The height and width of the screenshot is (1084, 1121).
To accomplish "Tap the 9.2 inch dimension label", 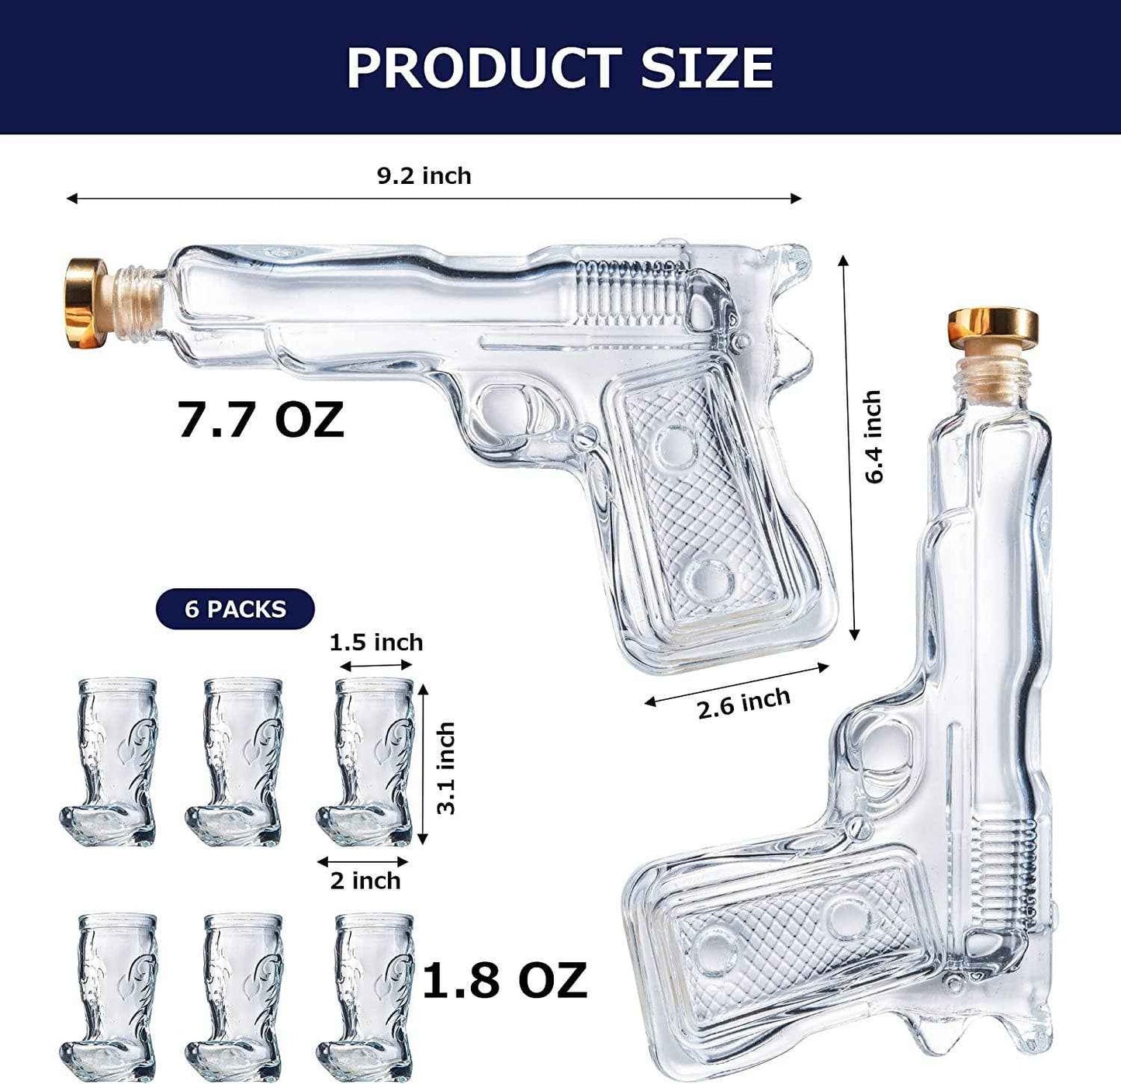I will pos(424,175).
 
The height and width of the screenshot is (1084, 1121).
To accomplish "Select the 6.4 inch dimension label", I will pos(874,437).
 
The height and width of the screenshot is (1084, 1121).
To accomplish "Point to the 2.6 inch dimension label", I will pos(743,702).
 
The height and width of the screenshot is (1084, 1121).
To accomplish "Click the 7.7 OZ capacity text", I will pos(261,420).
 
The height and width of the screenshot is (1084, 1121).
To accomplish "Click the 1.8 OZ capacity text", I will pos(504,980).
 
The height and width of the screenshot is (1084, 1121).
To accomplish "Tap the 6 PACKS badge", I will pos(235,609).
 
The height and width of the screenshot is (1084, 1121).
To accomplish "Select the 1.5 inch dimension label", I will pos(376,642).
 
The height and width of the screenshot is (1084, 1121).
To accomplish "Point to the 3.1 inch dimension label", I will pos(446,768).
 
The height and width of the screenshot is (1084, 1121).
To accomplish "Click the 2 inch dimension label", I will pos(365,881).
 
